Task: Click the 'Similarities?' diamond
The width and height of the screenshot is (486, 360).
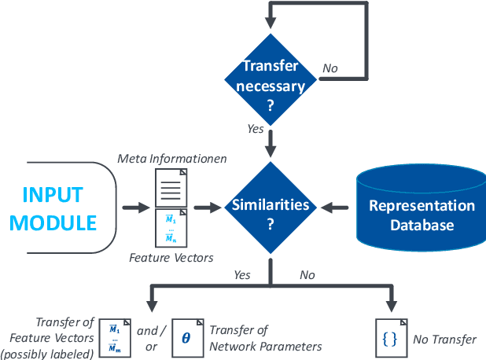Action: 271,208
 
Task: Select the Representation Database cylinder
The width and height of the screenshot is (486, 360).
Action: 422,208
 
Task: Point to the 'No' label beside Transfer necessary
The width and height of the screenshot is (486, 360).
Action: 330,69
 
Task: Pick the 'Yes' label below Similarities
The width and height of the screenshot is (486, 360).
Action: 242,276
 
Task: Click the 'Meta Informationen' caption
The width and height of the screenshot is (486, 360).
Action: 172,159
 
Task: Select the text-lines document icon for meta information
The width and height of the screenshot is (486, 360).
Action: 171,187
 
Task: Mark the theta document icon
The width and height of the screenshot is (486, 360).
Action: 186,336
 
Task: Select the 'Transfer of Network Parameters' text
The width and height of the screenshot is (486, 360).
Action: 265,339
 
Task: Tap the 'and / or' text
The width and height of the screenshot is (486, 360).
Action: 147,337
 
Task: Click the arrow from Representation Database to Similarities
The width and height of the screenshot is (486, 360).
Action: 337,208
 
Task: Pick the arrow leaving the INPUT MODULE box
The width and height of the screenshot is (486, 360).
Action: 134,208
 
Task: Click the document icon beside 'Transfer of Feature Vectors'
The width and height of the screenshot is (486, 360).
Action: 113,336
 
